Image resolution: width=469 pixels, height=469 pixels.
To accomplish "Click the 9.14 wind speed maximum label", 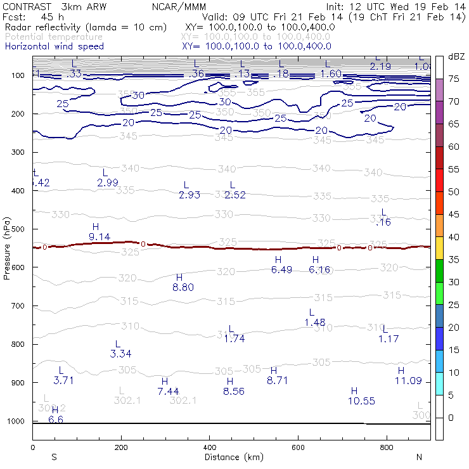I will click(x=100, y=236).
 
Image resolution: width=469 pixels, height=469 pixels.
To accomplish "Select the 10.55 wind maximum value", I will click(x=361, y=401).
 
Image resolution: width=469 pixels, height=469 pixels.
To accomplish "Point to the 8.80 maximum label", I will click(x=183, y=287).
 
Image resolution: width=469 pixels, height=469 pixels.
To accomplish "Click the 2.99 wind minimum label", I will click(x=108, y=183).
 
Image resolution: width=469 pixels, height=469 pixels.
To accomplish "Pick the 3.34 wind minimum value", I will click(x=121, y=353).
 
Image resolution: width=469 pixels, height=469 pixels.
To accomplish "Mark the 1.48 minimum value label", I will click(x=315, y=323).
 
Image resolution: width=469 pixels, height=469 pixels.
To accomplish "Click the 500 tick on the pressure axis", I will click(x=17, y=229).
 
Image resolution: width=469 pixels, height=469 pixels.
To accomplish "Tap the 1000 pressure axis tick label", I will click(x=15, y=421).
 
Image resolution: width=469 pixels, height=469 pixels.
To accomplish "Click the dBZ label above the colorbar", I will click(x=456, y=56).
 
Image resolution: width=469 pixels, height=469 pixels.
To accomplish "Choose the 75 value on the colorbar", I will click(x=454, y=79).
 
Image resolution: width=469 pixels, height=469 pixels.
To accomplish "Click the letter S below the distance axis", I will click(x=54, y=457).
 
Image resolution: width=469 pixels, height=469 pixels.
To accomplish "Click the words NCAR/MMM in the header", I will click(x=179, y=7).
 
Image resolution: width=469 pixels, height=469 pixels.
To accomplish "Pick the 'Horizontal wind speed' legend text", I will click(x=54, y=46).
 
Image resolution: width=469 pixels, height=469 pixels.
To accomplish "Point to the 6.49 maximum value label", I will click(x=281, y=269).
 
